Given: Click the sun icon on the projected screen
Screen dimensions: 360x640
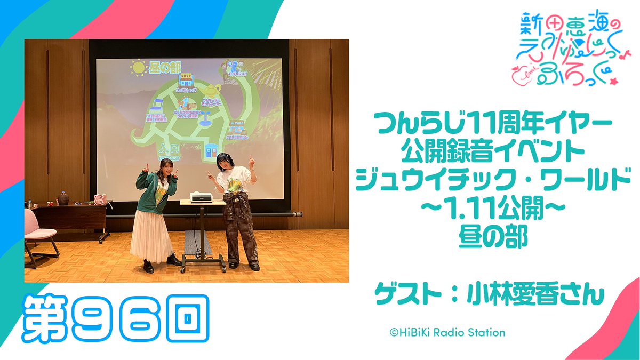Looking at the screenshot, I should (138, 68).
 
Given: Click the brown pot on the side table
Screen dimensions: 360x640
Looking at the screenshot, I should (64, 197).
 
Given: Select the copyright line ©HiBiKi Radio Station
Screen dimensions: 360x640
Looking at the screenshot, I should (447, 332).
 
